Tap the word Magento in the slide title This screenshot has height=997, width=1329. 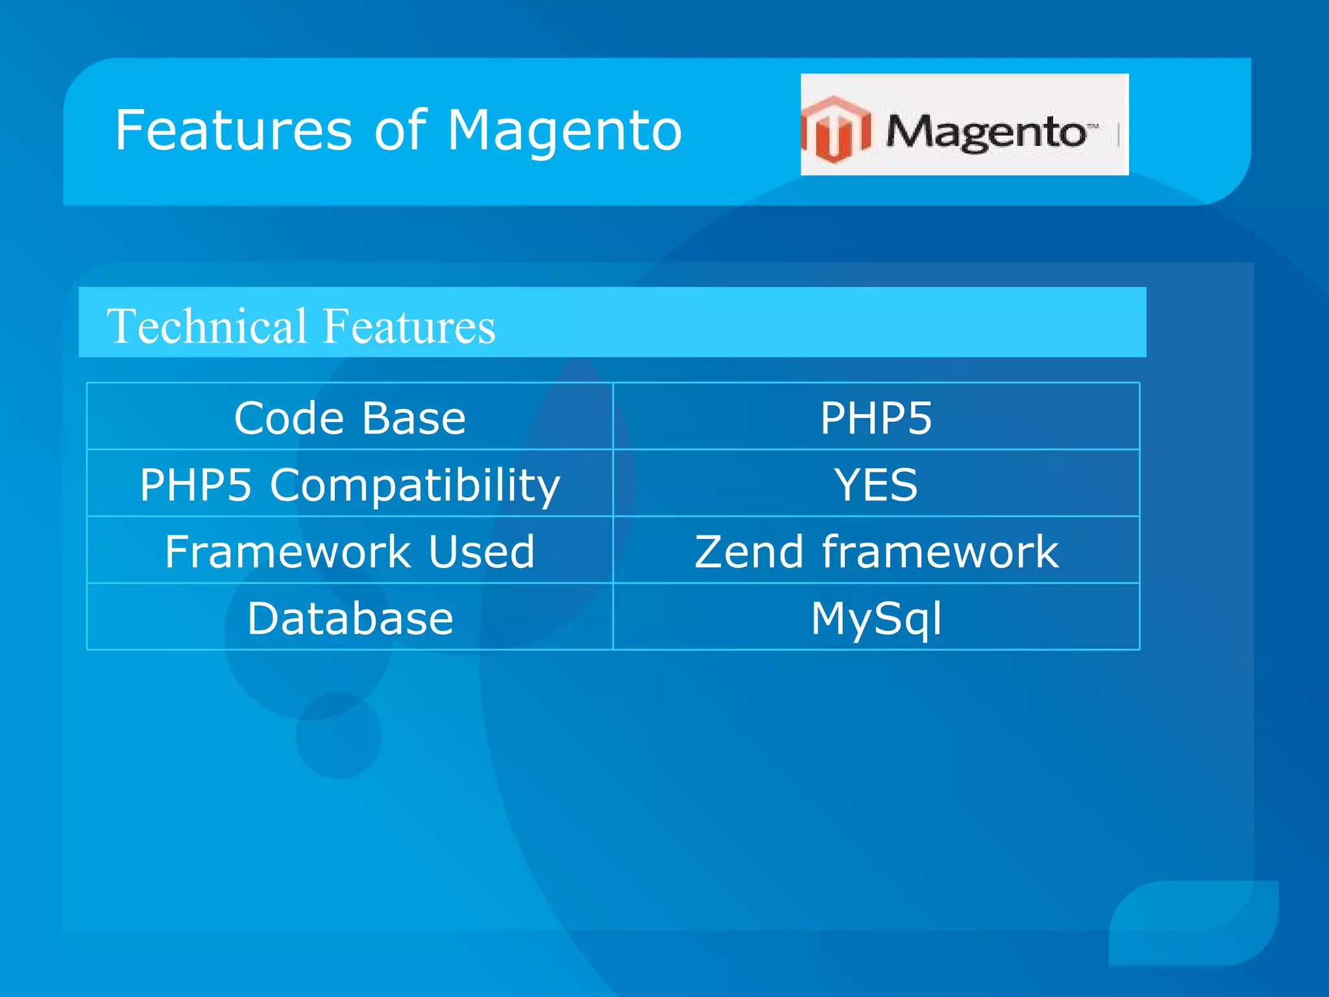tap(565, 132)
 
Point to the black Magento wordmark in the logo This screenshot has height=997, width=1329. tap(986, 132)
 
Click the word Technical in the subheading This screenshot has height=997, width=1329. tap(207, 326)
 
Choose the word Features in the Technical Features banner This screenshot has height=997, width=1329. tap(409, 326)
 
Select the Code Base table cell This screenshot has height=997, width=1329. tap(350, 417)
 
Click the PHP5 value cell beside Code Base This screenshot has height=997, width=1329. tap(876, 417)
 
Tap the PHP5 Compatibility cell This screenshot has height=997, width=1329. tap(350, 484)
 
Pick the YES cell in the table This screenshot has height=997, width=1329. tap(876, 484)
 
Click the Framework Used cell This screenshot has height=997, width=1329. tap(350, 551)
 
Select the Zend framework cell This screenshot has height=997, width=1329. tap(876, 551)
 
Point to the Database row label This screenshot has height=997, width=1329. tap(350, 618)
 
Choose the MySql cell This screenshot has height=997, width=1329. tap(876, 618)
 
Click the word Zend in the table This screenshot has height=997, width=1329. tap(750, 551)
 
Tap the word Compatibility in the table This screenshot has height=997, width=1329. tap(415, 486)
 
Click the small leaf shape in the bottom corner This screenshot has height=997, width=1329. tap(1194, 922)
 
